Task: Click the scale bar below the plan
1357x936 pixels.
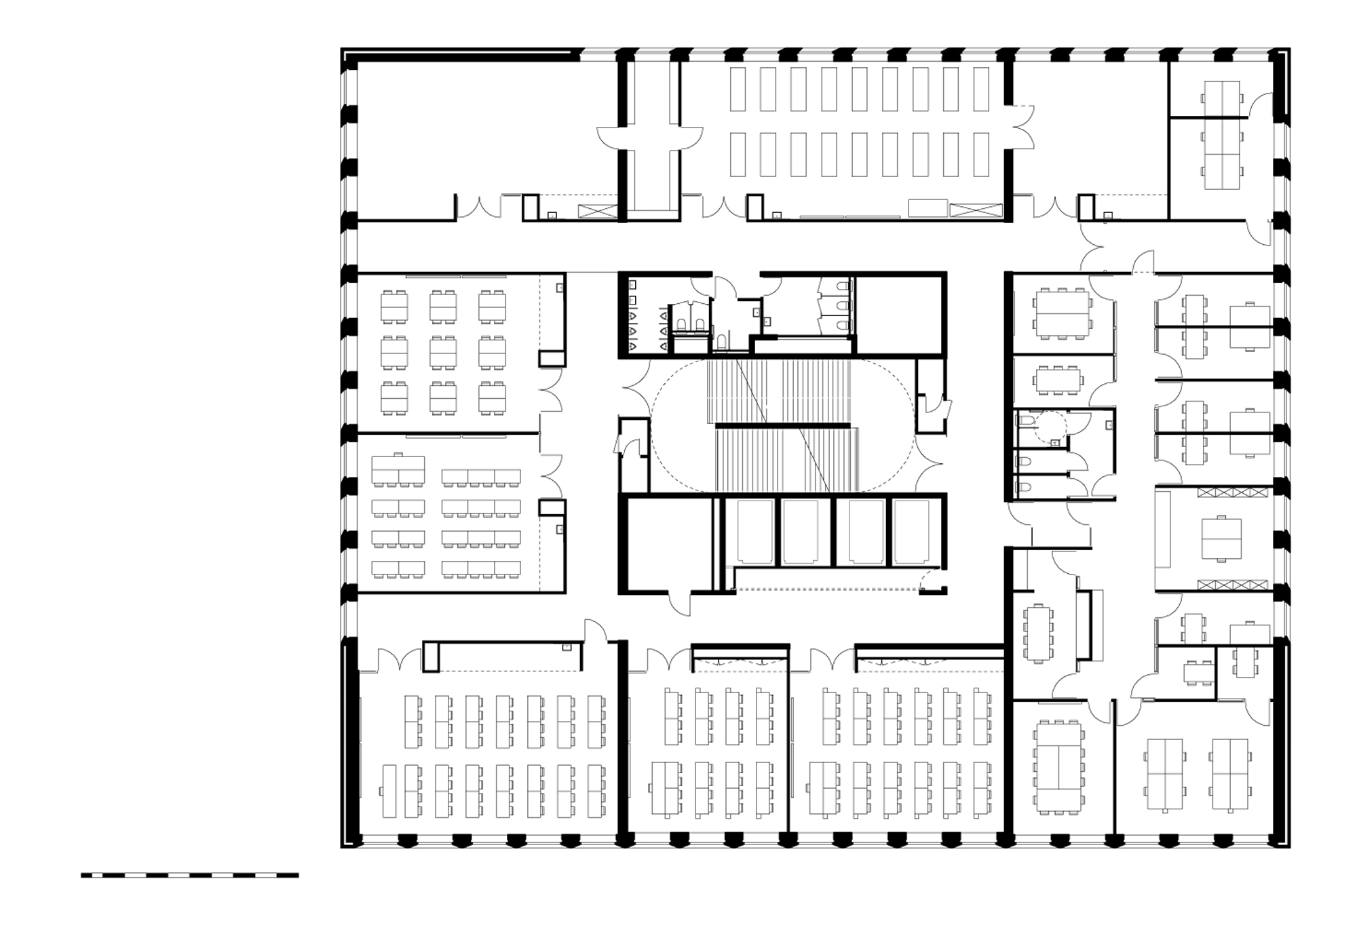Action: [x=189, y=875]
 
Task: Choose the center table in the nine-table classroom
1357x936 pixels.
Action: [x=442, y=352]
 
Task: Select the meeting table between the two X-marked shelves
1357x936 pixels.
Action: [x=1221, y=539]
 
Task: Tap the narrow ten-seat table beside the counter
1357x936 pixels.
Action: [x=1038, y=633]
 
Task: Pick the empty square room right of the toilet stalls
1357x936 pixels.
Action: [x=899, y=314]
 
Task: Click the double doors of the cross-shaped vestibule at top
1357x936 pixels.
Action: [x=649, y=140]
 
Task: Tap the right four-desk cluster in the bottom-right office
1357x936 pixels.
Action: [x=1229, y=775]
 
